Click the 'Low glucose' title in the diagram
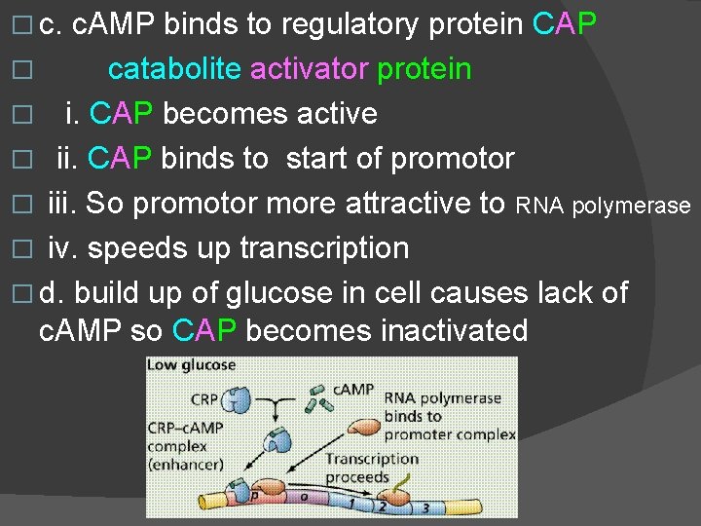click(192, 365)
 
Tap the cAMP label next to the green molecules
click(354, 390)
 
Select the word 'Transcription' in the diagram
click(372, 459)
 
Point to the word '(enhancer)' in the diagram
click(185, 467)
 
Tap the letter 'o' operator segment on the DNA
click(303, 498)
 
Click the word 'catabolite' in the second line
click(174, 69)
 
